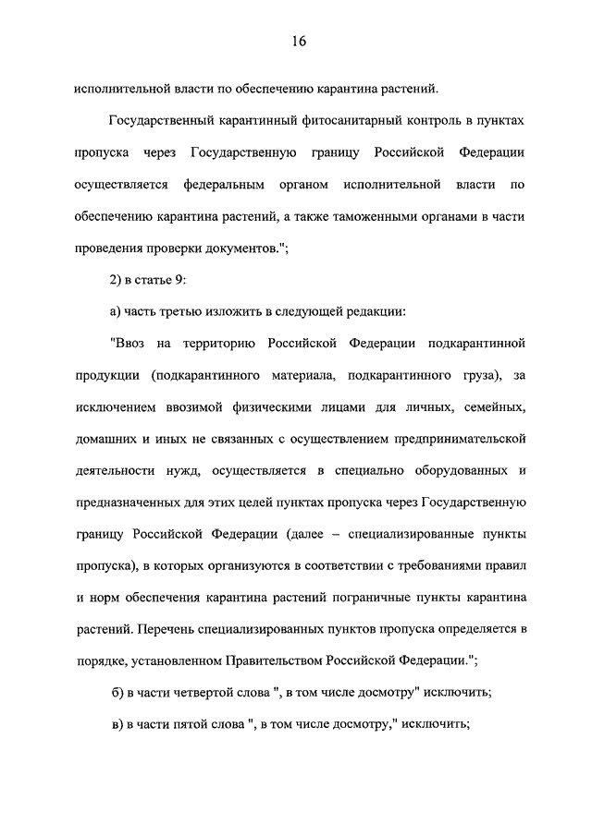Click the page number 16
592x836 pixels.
pos(297,42)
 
